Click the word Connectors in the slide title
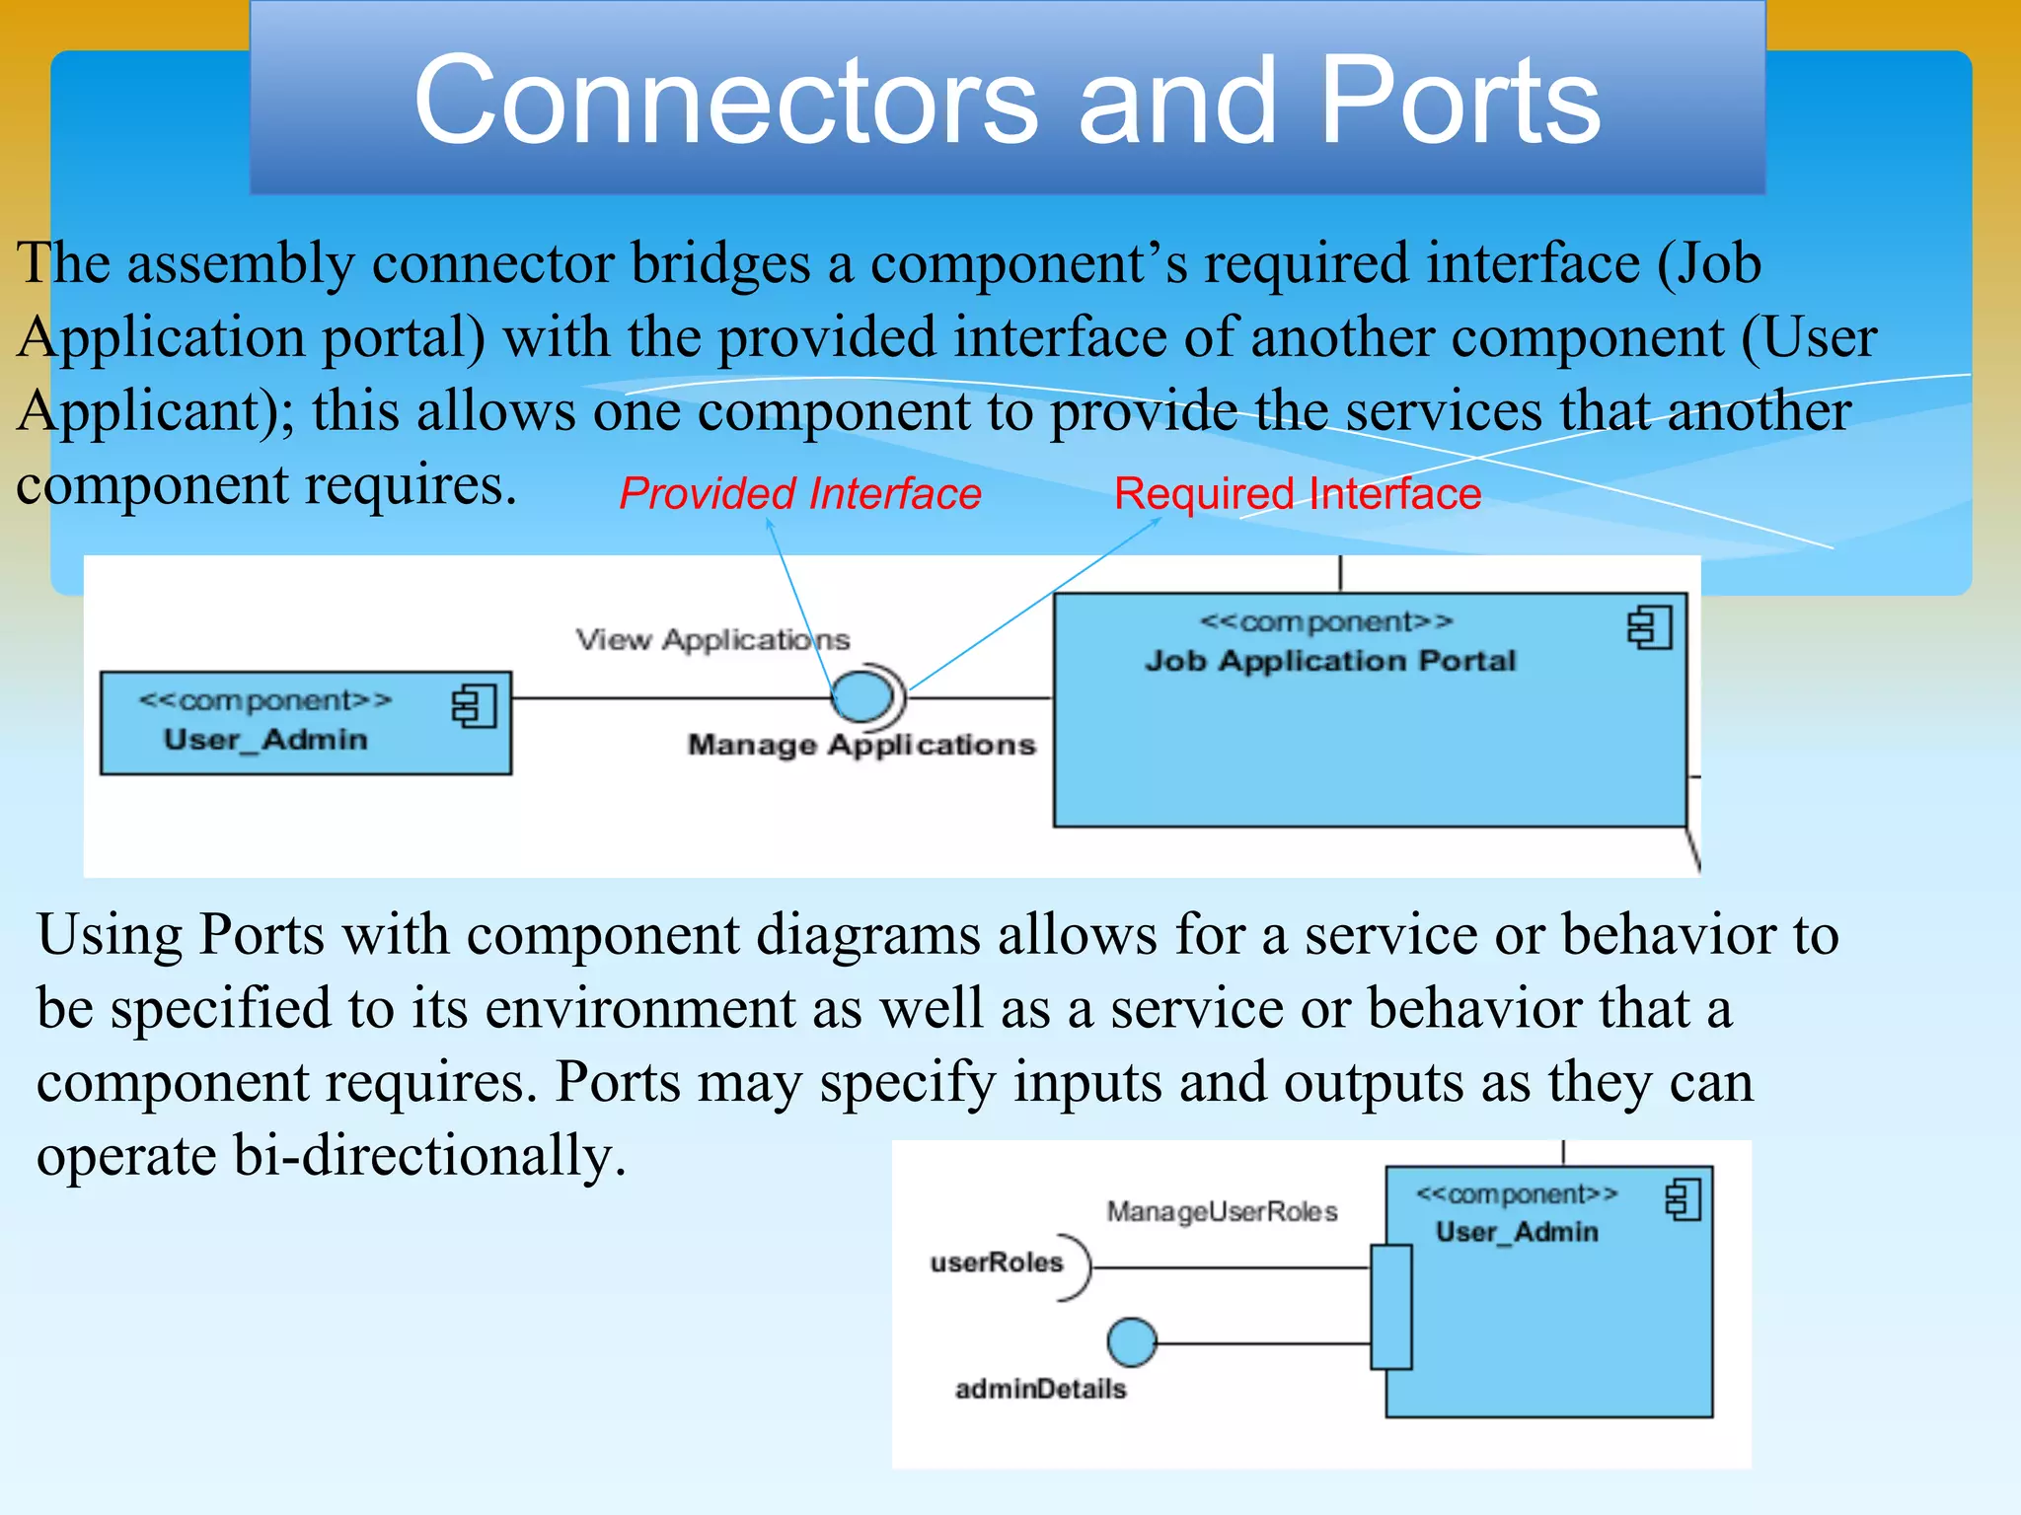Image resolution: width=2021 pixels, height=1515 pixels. point(725,101)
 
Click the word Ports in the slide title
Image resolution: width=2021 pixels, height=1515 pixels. point(1460,101)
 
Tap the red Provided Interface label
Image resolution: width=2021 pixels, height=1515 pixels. point(800,493)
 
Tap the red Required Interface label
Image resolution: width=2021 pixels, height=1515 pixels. point(1298,493)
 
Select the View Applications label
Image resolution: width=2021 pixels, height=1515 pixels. point(712,640)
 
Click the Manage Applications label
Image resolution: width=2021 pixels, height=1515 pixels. point(861,745)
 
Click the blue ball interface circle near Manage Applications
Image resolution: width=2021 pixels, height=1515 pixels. point(861,695)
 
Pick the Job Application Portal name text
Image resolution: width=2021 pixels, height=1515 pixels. point(1329,661)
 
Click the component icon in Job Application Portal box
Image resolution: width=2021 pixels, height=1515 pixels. point(1650,628)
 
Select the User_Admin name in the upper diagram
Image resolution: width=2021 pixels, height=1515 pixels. point(265,740)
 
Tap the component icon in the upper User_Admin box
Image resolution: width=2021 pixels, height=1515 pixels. point(474,707)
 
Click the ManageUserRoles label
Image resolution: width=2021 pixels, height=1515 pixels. point(1222,1211)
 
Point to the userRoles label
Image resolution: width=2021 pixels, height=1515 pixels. point(997,1262)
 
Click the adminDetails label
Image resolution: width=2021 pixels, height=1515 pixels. point(1040,1389)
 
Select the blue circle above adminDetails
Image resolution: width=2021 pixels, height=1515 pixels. point(1132,1342)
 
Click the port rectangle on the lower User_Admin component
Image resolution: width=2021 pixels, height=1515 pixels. point(1391,1307)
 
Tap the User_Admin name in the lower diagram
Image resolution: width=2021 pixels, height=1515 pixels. point(1517,1232)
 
